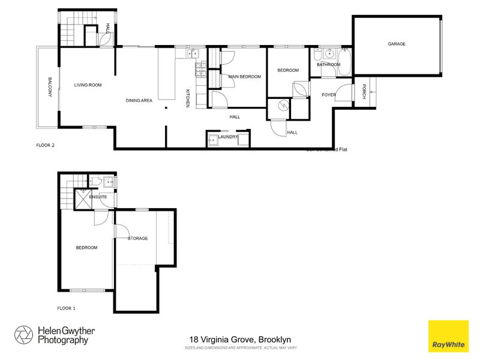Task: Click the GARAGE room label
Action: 396,44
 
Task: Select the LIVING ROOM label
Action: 88,85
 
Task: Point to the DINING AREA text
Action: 139,100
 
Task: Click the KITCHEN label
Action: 187,98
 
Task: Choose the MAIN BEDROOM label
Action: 244,77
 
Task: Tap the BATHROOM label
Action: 328,65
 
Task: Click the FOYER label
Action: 328,95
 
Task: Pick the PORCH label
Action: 364,92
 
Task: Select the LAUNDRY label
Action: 228,137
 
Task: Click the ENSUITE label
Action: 98,196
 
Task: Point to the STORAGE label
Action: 137,238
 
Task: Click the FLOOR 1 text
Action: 66,307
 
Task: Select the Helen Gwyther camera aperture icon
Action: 24,335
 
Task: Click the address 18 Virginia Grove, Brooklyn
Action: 240,339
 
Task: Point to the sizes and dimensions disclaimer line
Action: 240,347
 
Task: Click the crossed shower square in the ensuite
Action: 80,198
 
